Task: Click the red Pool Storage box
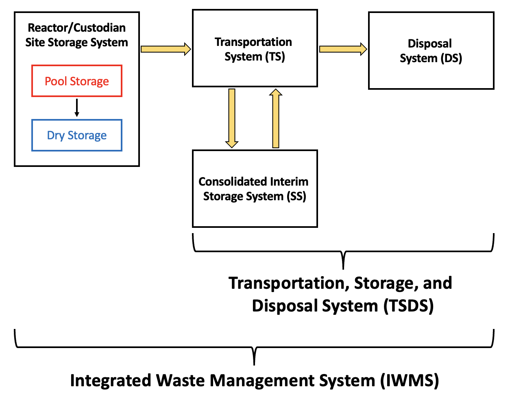[x=77, y=81]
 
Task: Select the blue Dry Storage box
[x=77, y=135]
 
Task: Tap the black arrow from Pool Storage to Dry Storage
[x=77, y=108]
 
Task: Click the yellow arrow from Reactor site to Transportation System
[x=166, y=49]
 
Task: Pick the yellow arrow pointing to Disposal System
[x=343, y=49]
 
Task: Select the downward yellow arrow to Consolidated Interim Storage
[x=232, y=118]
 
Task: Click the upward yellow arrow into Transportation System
[x=276, y=118]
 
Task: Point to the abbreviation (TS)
[x=275, y=56]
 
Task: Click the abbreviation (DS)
[x=451, y=58]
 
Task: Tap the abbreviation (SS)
[x=296, y=197]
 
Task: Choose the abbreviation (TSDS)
[x=408, y=306]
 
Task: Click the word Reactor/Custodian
[x=77, y=28]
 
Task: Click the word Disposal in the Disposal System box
[x=430, y=43]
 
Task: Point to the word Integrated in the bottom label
[x=111, y=381]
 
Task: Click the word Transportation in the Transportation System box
[x=253, y=42]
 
